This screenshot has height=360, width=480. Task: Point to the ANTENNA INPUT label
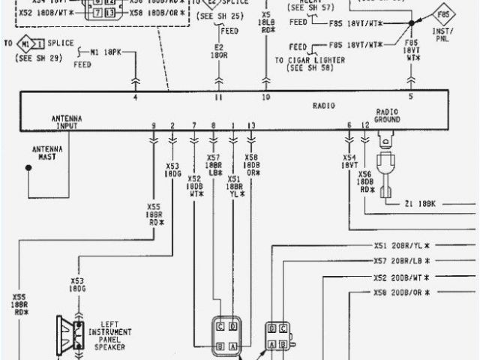(67, 122)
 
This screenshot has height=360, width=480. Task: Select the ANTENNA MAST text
(46, 152)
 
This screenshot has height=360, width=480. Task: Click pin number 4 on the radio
(136, 97)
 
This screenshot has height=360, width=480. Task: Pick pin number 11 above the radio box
(219, 97)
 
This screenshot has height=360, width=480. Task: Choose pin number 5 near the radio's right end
(411, 97)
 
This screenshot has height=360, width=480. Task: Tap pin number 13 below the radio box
(251, 124)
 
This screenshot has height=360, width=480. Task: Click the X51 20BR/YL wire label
(401, 245)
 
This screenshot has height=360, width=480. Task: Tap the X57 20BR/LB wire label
(401, 261)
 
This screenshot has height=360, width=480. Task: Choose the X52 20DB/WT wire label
(401, 277)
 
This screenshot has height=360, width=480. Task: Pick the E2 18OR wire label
(219, 50)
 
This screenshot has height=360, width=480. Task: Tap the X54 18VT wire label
(349, 161)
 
